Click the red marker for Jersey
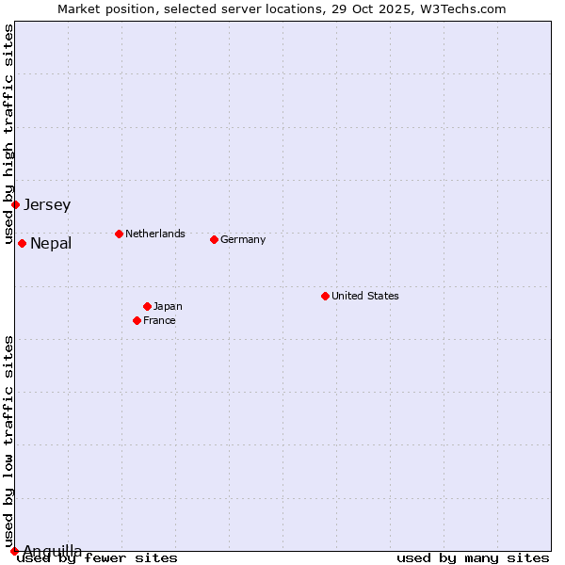[16, 204]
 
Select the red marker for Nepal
[22, 244]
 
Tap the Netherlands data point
[119, 234]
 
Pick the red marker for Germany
[214, 239]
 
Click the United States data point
[325, 296]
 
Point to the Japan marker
[147, 306]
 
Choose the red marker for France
[137, 320]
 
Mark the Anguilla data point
[15, 551]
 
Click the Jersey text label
[47, 204]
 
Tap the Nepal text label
[51, 244]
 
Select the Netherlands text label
[155, 234]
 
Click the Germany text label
[243, 239]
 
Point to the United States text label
[365, 296]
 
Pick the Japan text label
[168, 306]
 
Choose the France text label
[159, 320]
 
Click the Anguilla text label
[53, 551]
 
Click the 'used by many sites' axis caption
[473, 558]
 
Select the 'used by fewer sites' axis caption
[97, 558]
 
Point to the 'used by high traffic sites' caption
[8, 135]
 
